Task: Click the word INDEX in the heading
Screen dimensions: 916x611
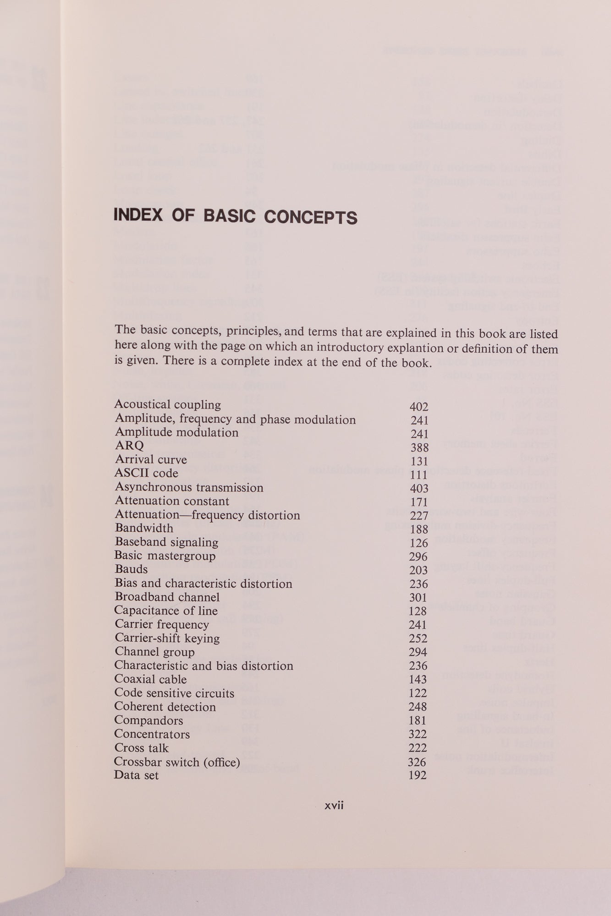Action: coord(138,216)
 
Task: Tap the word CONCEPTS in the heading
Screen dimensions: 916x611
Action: coord(310,217)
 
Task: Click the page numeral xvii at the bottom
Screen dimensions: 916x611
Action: coord(334,806)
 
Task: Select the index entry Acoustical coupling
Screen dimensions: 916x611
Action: coord(167,405)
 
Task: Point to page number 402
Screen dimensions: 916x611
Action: coord(418,407)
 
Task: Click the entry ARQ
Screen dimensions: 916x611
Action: coord(129,446)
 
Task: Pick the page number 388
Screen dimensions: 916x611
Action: coord(419,447)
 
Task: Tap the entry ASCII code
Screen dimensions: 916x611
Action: coord(146,473)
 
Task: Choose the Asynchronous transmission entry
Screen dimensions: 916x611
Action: coord(189,487)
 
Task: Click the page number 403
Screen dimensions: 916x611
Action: coord(419,489)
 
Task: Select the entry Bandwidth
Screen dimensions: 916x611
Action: coord(144,528)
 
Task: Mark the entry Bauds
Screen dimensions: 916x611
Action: coord(131,569)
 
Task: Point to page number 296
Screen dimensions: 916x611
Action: coord(418,557)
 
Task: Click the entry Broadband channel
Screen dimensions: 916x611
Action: coord(167,597)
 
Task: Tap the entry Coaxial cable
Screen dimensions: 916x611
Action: coord(150,679)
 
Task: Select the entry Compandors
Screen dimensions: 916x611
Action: coord(149,720)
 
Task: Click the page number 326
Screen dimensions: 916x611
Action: coord(417,762)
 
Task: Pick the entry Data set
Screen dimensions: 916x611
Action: coord(136,775)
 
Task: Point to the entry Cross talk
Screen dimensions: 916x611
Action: coord(141,748)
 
